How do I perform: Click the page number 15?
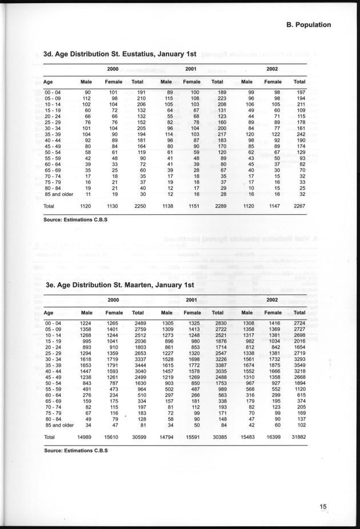323,506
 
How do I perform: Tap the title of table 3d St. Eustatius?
120,54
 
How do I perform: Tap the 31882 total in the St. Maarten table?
297,437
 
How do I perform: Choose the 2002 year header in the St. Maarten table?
272,300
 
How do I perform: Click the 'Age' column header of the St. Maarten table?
49,312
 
